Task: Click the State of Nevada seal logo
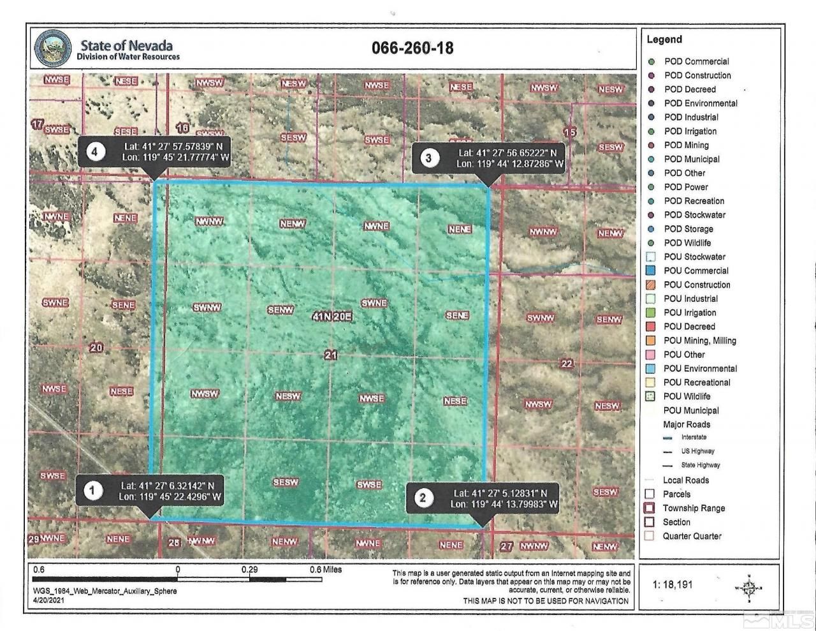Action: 54,48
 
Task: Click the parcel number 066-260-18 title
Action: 412,48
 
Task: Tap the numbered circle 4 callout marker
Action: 95,152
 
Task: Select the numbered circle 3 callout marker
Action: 429,158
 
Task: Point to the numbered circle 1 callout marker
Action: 93,491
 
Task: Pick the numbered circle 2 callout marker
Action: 423,498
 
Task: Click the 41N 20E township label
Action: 332,316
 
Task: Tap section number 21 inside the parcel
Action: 330,355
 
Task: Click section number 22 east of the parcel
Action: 566,364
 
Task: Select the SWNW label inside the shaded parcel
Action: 207,308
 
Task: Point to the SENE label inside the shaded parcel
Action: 457,315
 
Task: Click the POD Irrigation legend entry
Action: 690,131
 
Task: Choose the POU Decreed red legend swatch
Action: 650,327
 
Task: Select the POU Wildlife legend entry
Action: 687,397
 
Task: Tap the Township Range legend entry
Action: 694,509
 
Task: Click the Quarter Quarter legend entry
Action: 692,537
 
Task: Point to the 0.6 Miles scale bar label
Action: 325,570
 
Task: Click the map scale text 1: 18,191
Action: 673,584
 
